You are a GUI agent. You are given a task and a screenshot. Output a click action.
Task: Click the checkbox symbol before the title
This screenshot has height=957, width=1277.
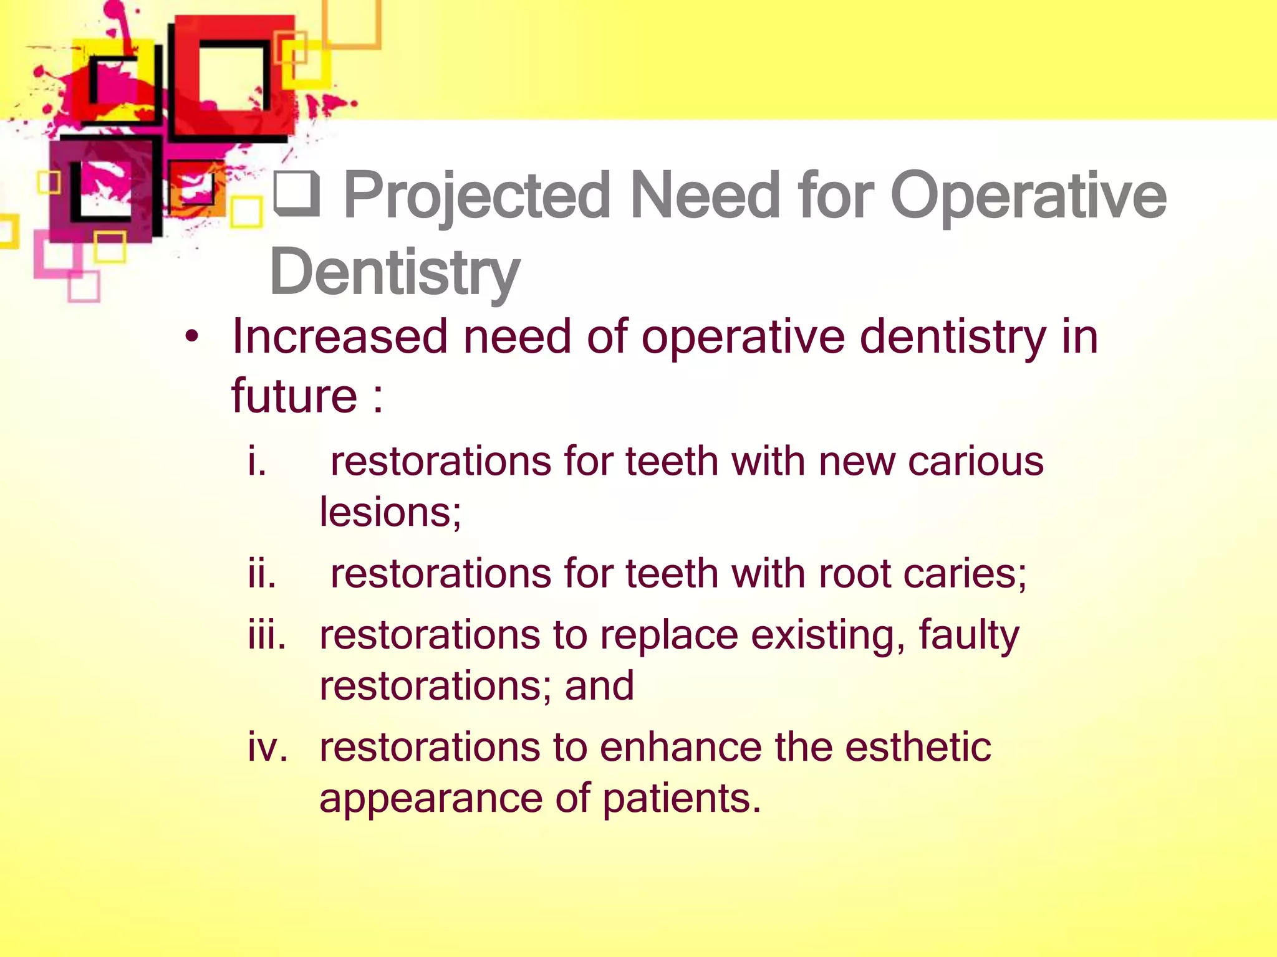click(x=297, y=194)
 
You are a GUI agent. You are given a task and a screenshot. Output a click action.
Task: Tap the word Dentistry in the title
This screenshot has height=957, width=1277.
click(x=395, y=272)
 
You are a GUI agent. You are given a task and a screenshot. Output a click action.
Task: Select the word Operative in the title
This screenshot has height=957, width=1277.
click(x=1028, y=197)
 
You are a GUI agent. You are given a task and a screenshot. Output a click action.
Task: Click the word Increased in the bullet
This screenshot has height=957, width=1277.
click(x=340, y=337)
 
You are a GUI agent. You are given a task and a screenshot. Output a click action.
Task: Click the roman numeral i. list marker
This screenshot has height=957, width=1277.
click(x=257, y=462)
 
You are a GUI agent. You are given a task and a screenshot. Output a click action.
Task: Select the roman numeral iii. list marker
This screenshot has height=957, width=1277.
click(x=267, y=636)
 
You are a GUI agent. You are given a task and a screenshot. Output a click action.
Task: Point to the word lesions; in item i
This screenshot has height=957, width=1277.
click(x=390, y=512)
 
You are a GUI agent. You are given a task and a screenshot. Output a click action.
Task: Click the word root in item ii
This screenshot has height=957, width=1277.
click(x=854, y=573)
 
